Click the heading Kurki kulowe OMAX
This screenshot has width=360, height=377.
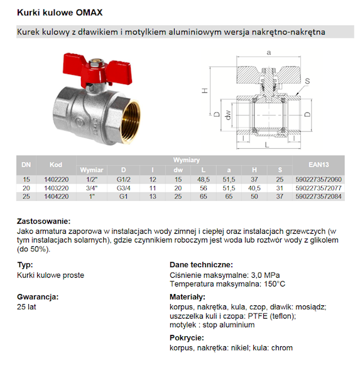click(60, 12)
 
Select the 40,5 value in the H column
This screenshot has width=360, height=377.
click(254, 188)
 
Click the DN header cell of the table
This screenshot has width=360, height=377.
click(26, 165)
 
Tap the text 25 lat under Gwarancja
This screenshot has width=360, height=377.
click(28, 307)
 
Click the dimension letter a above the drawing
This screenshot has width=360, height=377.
click(268, 52)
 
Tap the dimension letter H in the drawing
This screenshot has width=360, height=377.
click(205, 90)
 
